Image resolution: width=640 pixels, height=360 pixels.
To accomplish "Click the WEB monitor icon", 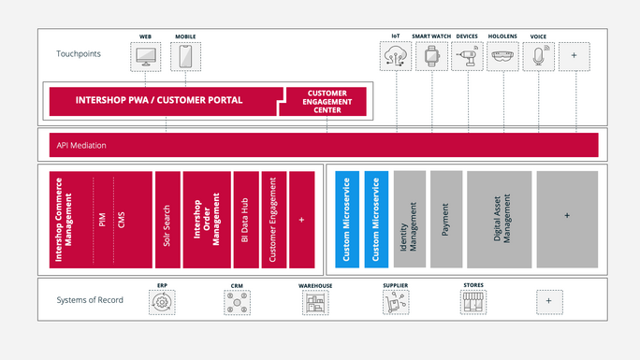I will point(146,56).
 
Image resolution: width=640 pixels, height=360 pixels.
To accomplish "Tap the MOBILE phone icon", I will point(185,56).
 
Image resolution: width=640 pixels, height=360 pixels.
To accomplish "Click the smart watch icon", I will point(430,57).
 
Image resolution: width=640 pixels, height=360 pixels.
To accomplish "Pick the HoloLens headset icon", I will point(502,57).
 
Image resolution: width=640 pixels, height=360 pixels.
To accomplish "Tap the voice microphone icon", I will point(538,57).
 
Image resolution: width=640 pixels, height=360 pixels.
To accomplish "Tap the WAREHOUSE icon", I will point(315,302).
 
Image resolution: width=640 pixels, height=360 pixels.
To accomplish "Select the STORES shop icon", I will point(473,302).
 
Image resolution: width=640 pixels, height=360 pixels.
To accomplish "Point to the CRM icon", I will point(237,302).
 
